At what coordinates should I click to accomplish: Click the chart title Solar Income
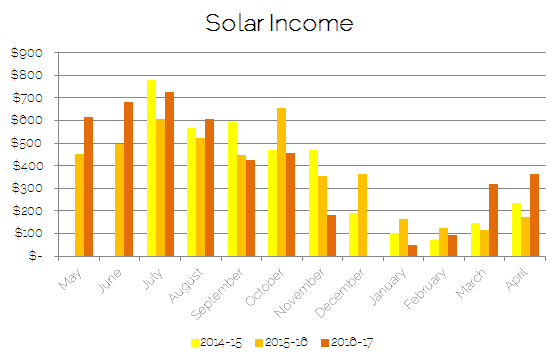pos(279,22)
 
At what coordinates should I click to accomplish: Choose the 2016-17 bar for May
pos(88,187)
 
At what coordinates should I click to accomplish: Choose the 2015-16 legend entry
pos(281,341)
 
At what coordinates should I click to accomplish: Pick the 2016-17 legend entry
pos(351,341)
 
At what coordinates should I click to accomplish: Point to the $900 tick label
pos(26,53)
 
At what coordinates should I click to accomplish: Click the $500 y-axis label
pos(26,143)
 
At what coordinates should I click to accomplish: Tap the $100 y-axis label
pos(26,233)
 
